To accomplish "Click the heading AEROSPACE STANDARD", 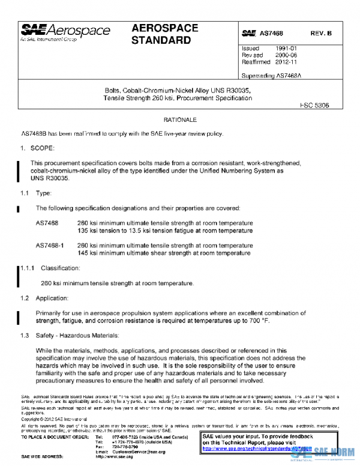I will coord(161,34).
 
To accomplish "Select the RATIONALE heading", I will coord(180,120).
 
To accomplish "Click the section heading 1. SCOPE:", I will coord(38,148).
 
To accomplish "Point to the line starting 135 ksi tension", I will coord(165,230).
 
